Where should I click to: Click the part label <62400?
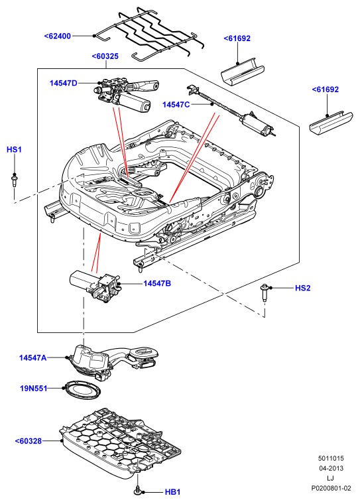[58, 36]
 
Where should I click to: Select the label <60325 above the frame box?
[105, 56]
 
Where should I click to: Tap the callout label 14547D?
[64, 84]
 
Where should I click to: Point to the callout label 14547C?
[176, 105]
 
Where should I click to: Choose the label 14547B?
[157, 283]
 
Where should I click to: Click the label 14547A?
[32, 357]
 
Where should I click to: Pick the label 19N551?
[34, 389]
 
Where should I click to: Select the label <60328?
[29, 441]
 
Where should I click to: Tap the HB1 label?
[173, 492]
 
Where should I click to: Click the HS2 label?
[303, 288]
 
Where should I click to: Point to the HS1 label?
[14, 149]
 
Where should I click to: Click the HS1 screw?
[14, 180]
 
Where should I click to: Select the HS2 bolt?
[265, 292]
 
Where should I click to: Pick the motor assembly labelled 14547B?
[95, 285]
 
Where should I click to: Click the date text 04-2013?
[331, 468]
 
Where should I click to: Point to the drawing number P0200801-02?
[331, 488]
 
